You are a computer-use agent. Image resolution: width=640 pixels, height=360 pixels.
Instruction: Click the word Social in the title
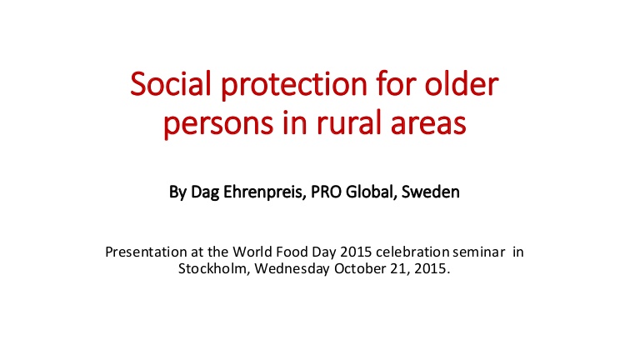click(x=171, y=83)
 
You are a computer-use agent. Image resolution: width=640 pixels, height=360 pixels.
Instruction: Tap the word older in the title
click(x=461, y=83)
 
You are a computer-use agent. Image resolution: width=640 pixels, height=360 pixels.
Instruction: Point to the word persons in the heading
click(x=218, y=123)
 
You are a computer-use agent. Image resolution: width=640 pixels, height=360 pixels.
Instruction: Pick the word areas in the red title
click(x=428, y=123)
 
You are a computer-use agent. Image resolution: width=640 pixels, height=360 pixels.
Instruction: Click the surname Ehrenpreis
click(x=264, y=192)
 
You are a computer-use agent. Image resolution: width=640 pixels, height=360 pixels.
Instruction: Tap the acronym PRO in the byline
click(x=326, y=192)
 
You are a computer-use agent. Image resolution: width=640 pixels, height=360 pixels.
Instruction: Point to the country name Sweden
click(x=431, y=192)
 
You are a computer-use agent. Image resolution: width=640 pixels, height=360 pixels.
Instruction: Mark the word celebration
click(x=412, y=252)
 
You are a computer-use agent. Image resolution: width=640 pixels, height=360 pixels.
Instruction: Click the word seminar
click(x=479, y=252)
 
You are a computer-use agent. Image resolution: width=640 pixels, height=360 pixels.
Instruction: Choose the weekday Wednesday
click(x=292, y=269)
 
